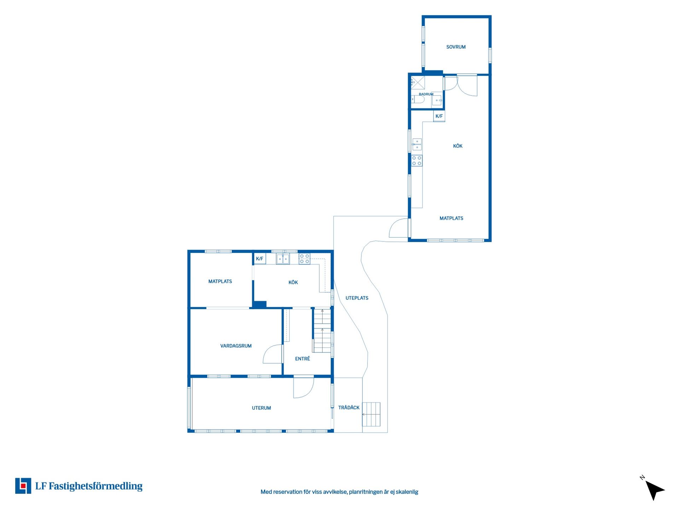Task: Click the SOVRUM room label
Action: [x=456, y=47]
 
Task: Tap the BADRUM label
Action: [x=426, y=94]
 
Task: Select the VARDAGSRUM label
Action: [x=236, y=346]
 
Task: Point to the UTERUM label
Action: [x=261, y=408]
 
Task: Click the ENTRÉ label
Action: [x=302, y=359]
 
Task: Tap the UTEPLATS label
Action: [x=357, y=298]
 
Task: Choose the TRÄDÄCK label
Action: [x=349, y=408]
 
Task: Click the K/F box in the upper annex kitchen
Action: [x=439, y=116]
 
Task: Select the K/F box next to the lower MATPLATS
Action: [x=260, y=259]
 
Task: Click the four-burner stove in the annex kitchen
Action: [x=417, y=161]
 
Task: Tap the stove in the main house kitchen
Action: [x=304, y=259]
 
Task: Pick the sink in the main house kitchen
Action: [x=283, y=259]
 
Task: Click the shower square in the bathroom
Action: [x=418, y=83]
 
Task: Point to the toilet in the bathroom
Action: [x=417, y=100]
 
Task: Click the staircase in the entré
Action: [x=322, y=330]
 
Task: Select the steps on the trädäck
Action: [x=371, y=414]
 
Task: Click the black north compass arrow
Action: [x=654, y=490]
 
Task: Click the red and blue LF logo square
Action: [x=23, y=486]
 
